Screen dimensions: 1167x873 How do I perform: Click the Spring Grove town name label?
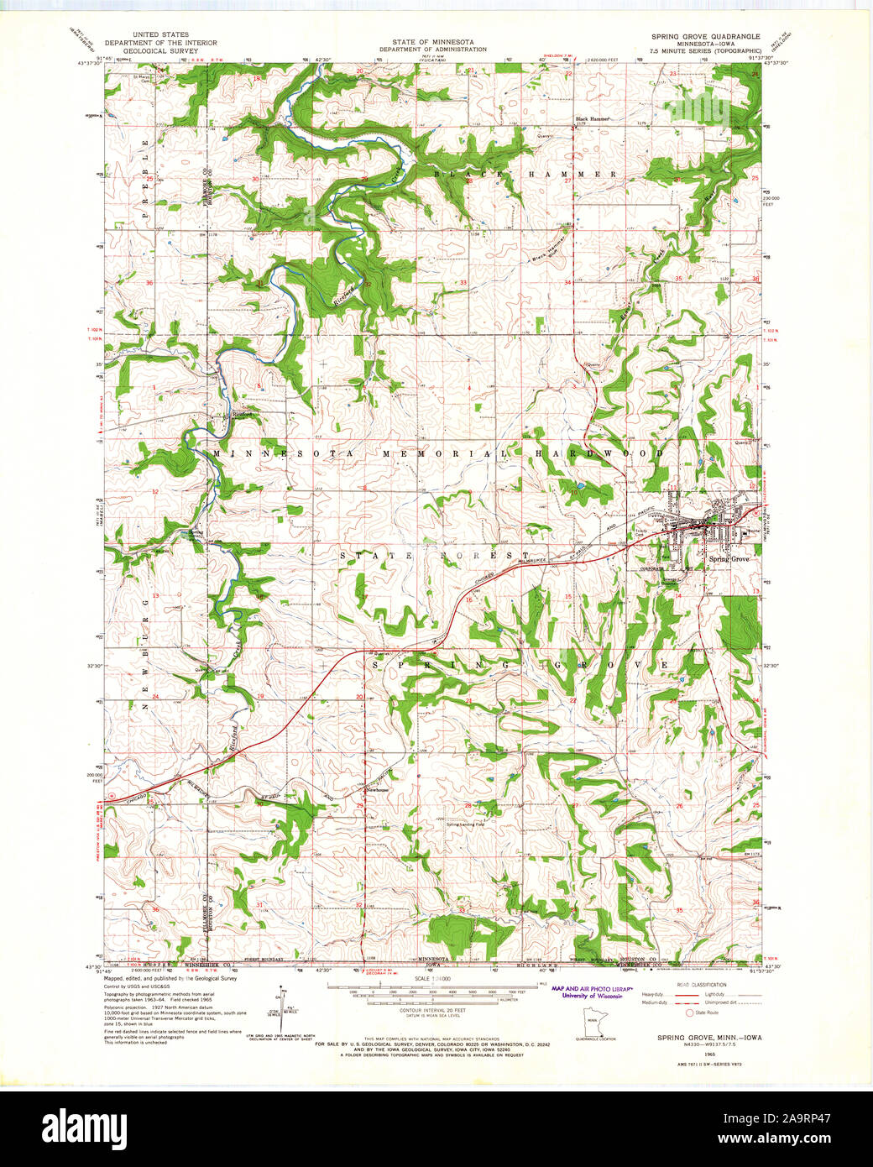[x=728, y=559]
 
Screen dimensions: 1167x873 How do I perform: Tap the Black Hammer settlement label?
[x=592, y=119]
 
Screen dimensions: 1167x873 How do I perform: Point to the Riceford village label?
[x=242, y=414]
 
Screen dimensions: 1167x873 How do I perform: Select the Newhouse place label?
[x=376, y=790]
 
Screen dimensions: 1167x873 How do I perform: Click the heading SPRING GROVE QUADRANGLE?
[x=706, y=37]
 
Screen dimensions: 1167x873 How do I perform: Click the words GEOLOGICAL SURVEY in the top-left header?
[x=159, y=50]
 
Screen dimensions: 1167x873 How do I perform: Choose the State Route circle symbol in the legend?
[x=689, y=1013]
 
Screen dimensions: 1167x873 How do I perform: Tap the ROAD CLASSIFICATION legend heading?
[x=703, y=984]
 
